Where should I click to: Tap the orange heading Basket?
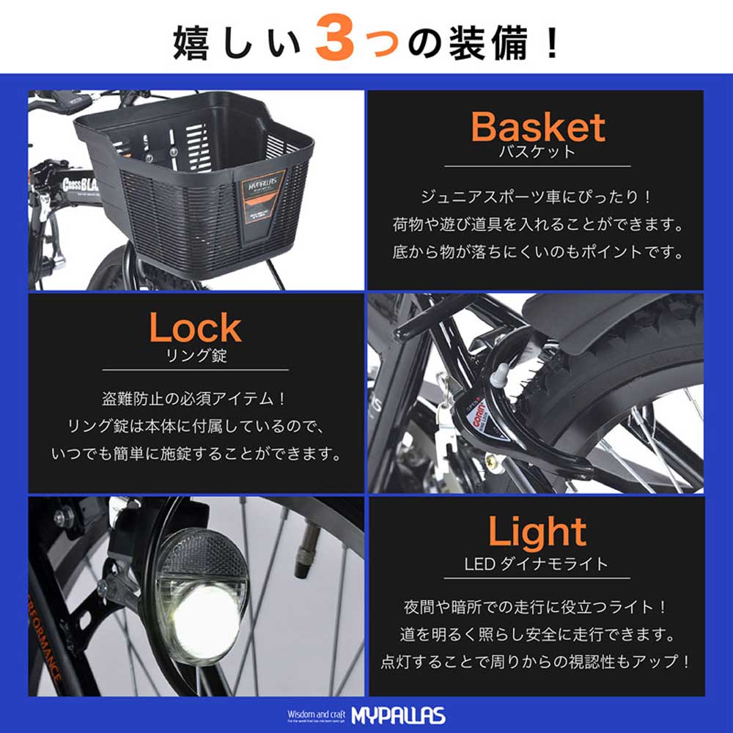click(x=537, y=128)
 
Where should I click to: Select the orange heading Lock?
click(x=195, y=328)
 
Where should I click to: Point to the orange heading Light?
click(x=537, y=533)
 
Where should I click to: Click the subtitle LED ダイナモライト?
click(x=537, y=564)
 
